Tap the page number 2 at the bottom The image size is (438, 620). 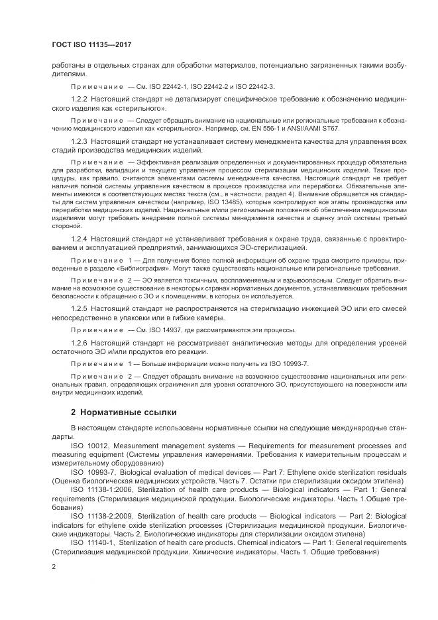54,567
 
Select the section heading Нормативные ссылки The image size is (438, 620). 123,411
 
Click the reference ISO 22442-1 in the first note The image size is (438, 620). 168,86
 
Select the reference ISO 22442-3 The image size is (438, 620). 255,86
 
